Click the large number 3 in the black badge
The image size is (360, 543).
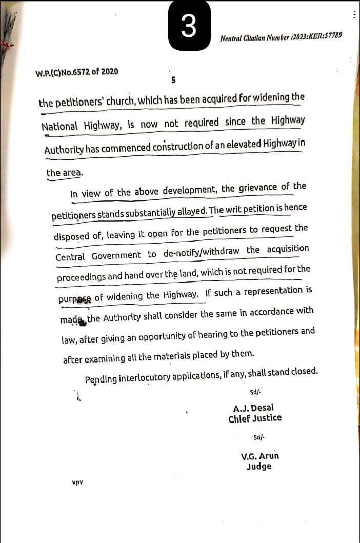[x=189, y=26]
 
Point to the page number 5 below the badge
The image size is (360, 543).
[x=174, y=80]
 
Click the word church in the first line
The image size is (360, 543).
[x=115, y=101]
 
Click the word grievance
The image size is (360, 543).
[x=259, y=188]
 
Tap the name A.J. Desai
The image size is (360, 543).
[x=254, y=409]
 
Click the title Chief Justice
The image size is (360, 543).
[x=255, y=418]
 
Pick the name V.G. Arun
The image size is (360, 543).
[x=259, y=456]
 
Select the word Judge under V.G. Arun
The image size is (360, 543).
[x=259, y=467]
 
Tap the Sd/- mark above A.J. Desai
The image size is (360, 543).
[x=255, y=392]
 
